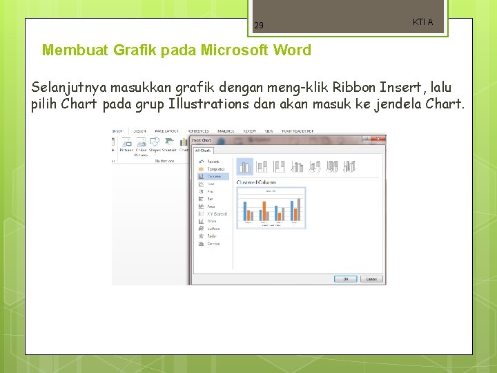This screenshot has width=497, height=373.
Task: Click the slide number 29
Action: [x=259, y=26]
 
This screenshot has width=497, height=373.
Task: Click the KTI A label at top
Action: [x=422, y=22]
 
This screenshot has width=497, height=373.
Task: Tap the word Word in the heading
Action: [x=292, y=50]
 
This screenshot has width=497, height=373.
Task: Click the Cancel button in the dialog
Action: [x=371, y=279]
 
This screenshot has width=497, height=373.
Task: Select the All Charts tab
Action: [x=204, y=150]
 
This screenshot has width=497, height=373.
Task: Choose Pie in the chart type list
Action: [x=210, y=191]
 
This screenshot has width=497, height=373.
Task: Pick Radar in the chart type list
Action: [x=211, y=236]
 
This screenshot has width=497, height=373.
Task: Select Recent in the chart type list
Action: [x=212, y=162]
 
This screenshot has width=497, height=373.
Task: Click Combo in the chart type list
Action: [x=213, y=244]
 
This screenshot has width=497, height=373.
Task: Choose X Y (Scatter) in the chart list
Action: [x=217, y=214]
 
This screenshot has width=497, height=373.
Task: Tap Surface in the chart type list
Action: [x=213, y=229]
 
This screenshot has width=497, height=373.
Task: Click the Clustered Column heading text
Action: [x=256, y=182]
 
